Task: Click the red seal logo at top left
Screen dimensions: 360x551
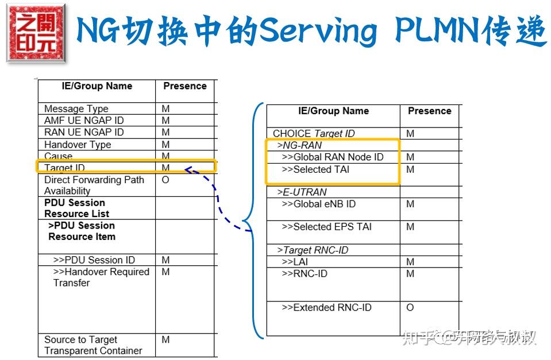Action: click(x=36, y=33)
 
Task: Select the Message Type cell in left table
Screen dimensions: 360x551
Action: click(x=76, y=109)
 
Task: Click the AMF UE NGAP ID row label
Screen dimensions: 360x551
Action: click(x=84, y=120)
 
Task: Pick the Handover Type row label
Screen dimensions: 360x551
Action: click(x=78, y=144)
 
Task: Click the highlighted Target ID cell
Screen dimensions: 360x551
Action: click(x=64, y=168)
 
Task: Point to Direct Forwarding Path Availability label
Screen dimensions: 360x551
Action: click(x=94, y=185)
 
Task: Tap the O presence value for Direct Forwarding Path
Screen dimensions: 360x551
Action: click(x=165, y=180)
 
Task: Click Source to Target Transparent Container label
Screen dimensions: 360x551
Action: click(x=93, y=345)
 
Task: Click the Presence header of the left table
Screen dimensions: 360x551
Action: click(x=184, y=86)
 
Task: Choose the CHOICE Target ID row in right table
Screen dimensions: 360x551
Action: click(x=314, y=133)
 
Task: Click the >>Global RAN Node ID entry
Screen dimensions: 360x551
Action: click(x=332, y=157)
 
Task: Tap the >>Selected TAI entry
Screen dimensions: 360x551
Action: click(x=315, y=169)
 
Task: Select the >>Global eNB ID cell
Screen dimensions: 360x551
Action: click(x=318, y=204)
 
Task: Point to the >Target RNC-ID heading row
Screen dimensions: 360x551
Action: click(x=312, y=250)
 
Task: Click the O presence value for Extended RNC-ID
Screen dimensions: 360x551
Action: click(x=410, y=307)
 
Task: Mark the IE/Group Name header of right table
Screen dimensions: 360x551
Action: click(x=333, y=111)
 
